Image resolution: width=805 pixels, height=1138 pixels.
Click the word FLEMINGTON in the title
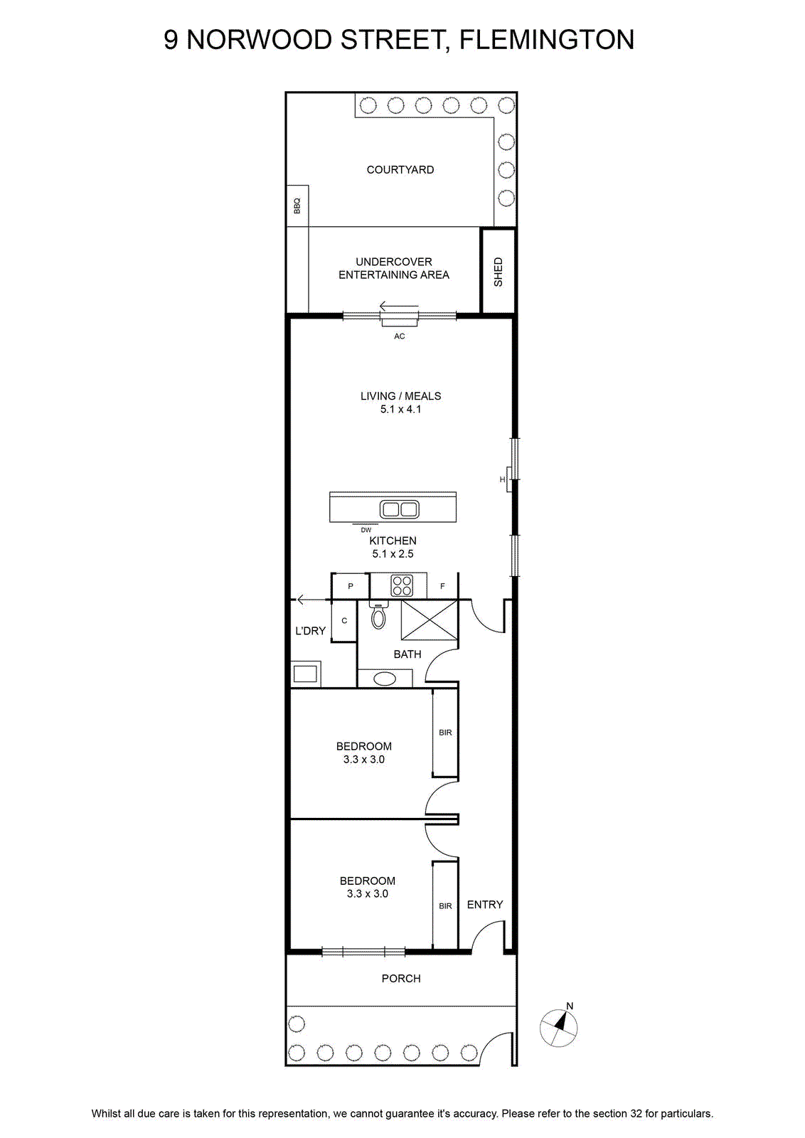tap(546, 40)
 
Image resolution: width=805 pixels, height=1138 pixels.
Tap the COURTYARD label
tap(400, 170)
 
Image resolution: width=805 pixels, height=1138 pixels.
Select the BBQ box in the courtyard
tap(298, 206)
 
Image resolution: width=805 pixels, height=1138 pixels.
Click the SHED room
tap(498, 271)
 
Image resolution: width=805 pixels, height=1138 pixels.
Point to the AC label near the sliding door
tap(400, 336)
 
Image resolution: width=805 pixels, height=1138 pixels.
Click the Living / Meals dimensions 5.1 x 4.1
tap(401, 409)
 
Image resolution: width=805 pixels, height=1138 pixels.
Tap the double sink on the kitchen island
tap(400, 509)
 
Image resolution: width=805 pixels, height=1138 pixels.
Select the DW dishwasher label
tap(366, 530)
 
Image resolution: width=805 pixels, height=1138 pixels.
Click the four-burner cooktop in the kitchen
tap(402, 585)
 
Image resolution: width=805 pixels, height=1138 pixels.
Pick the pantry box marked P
tap(351, 586)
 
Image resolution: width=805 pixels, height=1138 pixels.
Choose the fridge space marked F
tap(442, 586)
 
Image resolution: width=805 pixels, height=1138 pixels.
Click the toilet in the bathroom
tap(378, 615)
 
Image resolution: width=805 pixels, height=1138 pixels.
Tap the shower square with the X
tap(429, 620)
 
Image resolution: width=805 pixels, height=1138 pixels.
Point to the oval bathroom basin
tap(385, 679)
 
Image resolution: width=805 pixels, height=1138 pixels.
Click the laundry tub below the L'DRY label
tap(306, 674)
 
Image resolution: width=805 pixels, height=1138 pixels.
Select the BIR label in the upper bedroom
tap(445, 733)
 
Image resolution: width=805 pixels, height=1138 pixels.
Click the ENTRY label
tap(485, 904)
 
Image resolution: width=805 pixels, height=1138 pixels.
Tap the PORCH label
tap(401, 979)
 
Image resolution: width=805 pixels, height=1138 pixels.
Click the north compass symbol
tap(559, 1027)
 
